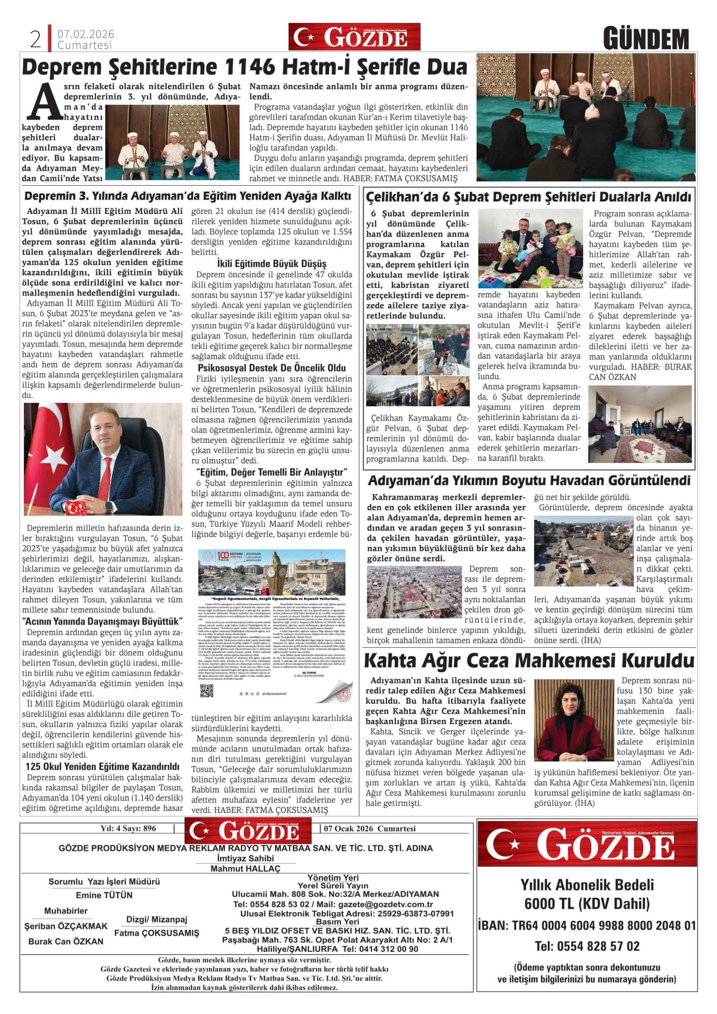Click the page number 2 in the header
click(x=35, y=39)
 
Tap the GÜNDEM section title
click(x=646, y=39)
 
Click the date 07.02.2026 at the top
click(x=86, y=34)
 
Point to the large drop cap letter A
click(x=44, y=103)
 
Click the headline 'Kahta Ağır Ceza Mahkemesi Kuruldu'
click(x=529, y=661)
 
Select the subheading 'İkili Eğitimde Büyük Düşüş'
click(x=272, y=264)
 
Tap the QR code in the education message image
click(x=207, y=691)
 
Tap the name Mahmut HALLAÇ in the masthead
click(x=245, y=869)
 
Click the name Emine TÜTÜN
click(x=104, y=895)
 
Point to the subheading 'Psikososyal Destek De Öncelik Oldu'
click(x=272, y=368)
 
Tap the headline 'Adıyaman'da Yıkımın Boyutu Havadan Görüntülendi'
click(x=529, y=481)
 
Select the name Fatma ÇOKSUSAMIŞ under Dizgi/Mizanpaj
click(x=157, y=933)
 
